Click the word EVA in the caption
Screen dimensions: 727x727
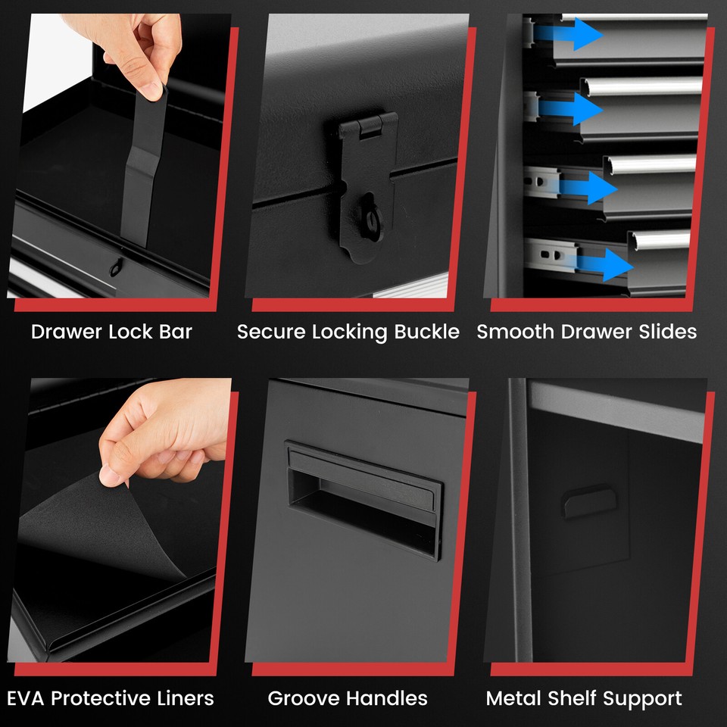pyautogui.click(x=26, y=698)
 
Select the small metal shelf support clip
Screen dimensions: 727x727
pyautogui.click(x=588, y=500)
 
